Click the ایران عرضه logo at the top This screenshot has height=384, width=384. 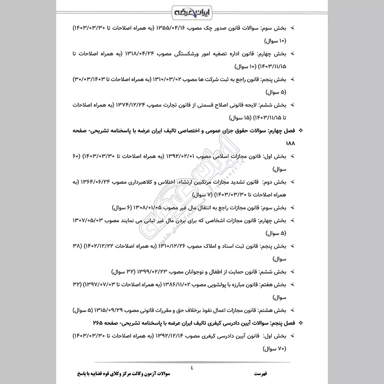coord(192,10)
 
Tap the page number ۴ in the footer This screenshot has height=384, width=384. coord(192,368)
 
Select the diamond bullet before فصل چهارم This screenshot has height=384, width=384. coord(301,131)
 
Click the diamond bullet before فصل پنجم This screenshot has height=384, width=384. coord(301,323)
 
